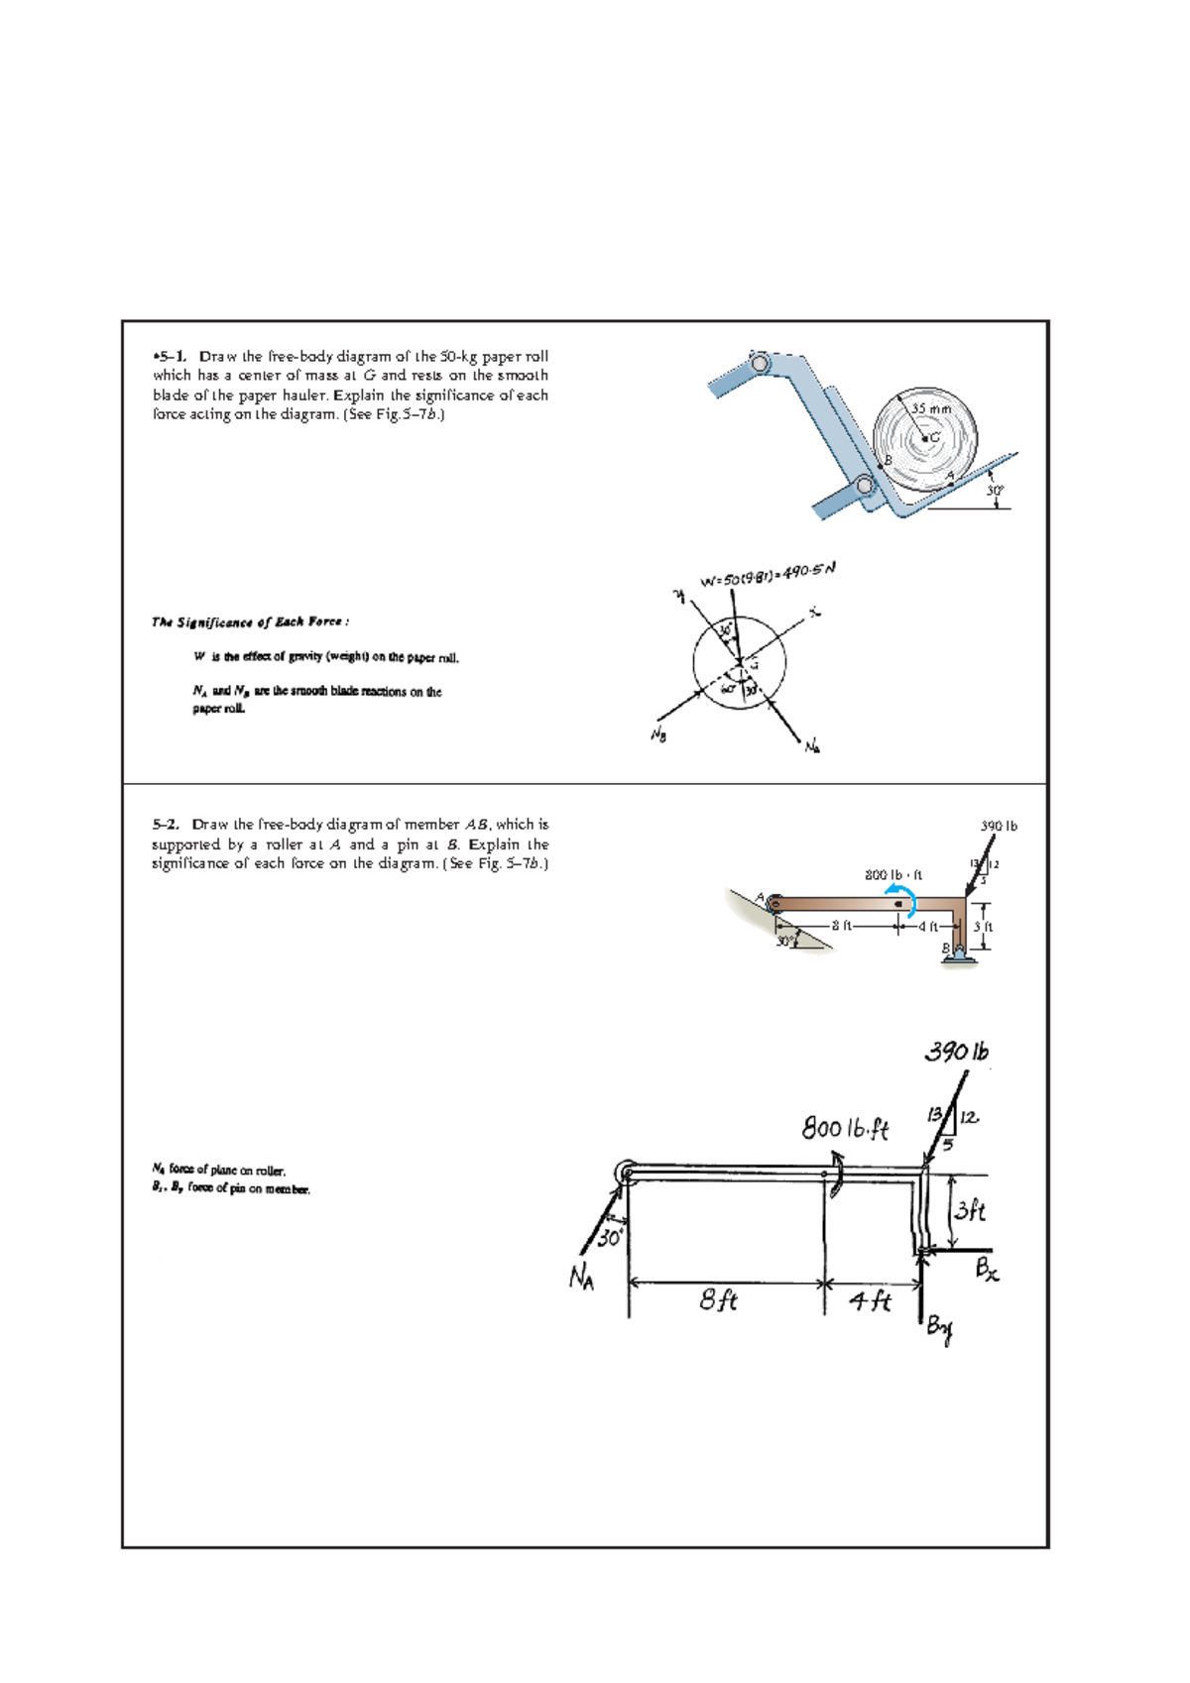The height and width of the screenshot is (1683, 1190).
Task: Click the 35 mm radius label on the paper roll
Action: pos(931,408)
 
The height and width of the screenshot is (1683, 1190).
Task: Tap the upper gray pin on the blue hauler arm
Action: pos(761,364)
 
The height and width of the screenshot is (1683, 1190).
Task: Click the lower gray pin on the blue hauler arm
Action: pos(865,486)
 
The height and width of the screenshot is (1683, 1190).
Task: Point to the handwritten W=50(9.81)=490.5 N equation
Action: pos(769,575)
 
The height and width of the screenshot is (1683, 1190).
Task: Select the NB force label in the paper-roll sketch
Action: pos(657,734)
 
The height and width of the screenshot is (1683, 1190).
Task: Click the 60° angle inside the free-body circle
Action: pos(729,688)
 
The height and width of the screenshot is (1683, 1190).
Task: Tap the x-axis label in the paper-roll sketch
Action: pos(814,614)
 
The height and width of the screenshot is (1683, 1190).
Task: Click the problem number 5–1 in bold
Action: pos(170,357)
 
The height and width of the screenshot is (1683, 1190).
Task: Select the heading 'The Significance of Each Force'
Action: pos(249,622)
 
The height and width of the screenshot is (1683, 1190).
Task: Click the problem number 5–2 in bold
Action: pos(166,825)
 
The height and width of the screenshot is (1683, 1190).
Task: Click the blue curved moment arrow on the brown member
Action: pos(905,899)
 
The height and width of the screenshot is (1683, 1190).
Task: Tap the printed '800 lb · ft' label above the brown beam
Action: pos(893,875)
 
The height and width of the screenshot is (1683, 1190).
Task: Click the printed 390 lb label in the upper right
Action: pos(999,826)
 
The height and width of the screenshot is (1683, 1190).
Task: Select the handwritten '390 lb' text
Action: pos(957,1052)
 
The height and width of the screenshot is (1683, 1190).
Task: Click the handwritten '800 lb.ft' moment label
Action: pos(845,1128)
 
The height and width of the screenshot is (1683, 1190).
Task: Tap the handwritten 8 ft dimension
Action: pos(718,1300)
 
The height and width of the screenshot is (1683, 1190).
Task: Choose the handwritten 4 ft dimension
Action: pos(871,1300)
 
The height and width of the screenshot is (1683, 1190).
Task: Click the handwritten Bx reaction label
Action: pos(987,1269)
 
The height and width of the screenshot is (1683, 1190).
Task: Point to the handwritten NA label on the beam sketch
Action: pos(582,1279)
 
